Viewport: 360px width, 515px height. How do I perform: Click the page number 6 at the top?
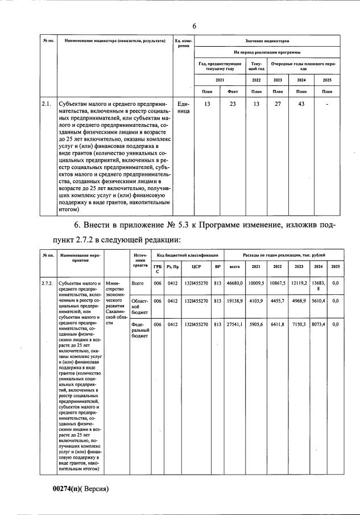click(194, 26)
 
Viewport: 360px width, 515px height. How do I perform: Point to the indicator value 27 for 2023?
click(278, 104)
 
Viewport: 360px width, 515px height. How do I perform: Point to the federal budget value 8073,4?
click(318, 323)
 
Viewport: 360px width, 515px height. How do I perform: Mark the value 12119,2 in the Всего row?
click(299, 283)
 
